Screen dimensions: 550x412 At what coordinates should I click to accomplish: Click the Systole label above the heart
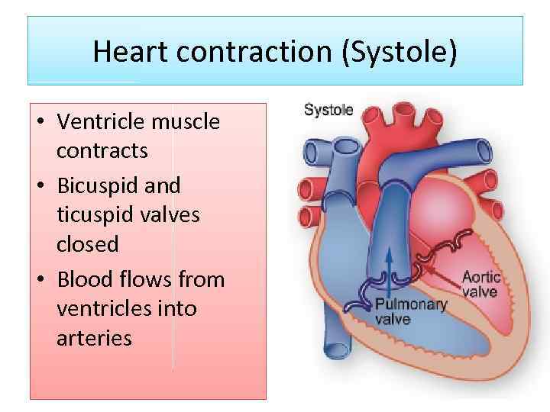[328, 110]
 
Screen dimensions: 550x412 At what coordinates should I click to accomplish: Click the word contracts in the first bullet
[102, 151]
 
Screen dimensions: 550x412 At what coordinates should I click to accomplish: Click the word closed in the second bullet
[87, 245]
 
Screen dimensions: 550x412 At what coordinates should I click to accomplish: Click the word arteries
[94, 338]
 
